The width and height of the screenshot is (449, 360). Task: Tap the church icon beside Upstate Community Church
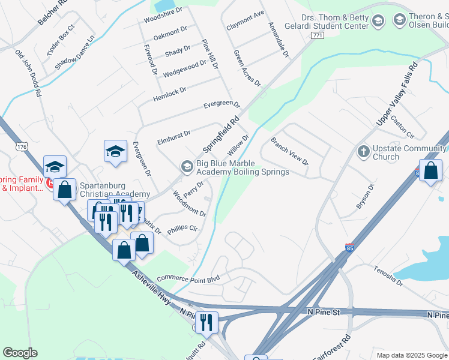(363, 151)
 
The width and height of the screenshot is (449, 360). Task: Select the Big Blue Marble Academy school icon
(187, 166)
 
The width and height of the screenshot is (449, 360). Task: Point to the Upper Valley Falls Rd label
(396, 96)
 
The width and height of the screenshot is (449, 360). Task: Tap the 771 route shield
(318, 36)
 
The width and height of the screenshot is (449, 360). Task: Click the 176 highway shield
(22, 147)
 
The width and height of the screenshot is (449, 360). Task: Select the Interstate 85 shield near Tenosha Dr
(350, 247)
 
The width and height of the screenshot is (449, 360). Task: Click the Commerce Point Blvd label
(188, 279)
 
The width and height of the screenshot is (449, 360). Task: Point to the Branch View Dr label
(289, 152)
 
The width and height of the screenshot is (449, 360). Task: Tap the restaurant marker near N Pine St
(206, 322)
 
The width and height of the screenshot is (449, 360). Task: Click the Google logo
(20, 353)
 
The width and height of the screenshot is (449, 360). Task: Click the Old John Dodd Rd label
(28, 73)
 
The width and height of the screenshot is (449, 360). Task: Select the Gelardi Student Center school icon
(378, 22)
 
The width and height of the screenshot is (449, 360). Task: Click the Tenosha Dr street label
(388, 275)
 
